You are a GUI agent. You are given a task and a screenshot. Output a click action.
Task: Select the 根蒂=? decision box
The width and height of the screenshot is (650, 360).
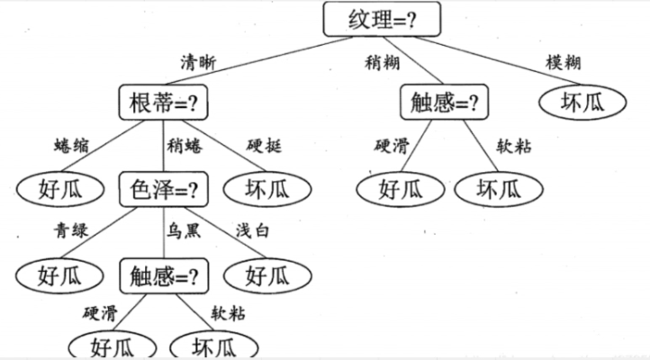[x=163, y=103]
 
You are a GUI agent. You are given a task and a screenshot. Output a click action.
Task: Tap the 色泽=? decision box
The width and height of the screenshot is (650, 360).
[x=163, y=189]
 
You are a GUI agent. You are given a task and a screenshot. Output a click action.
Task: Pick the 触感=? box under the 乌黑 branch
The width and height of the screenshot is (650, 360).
[x=163, y=274]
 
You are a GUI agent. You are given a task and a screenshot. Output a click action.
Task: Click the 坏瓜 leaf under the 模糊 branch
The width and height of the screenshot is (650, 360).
[x=582, y=103]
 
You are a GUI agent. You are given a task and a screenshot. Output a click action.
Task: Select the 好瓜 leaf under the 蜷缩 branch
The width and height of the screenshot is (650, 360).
[x=60, y=189]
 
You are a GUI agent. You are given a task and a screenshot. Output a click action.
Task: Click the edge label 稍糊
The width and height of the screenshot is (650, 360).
[x=380, y=62]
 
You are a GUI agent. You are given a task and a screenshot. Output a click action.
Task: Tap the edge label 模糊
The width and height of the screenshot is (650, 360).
[x=563, y=62]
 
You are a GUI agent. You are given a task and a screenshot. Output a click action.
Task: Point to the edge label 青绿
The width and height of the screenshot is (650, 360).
[x=70, y=230]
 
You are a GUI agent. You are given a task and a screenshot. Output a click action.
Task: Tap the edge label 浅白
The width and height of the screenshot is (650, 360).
[x=254, y=230]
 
